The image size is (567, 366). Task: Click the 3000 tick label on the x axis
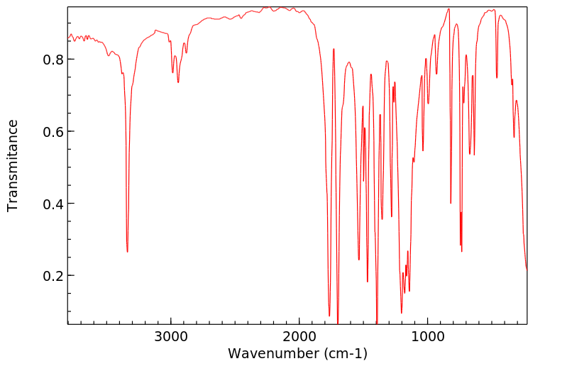pyautogui.click(x=171, y=338)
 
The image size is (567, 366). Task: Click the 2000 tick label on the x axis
pyautogui.click(x=299, y=338)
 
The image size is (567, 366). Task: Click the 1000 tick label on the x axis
pyautogui.click(x=428, y=338)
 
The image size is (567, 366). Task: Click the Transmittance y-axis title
pyautogui.click(x=13, y=165)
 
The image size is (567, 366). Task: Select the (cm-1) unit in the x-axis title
pyautogui.click(x=343, y=353)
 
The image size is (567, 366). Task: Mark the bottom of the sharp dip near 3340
pyautogui.click(x=127, y=251)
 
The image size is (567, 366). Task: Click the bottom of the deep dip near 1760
pyautogui.click(x=329, y=316)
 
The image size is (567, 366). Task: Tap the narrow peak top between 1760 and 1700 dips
pyautogui.click(x=334, y=49)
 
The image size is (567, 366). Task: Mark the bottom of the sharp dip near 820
pyautogui.click(x=451, y=203)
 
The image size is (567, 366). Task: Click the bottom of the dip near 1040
pyautogui.click(x=423, y=150)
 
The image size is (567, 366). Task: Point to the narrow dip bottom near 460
pyautogui.click(x=497, y=78)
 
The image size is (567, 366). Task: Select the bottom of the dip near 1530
pyautogui.click(x=359, y=260)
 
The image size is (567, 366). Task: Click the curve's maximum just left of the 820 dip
pyautogui.click(x=448, y=9)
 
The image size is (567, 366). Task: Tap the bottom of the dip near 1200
pyautogui.click(x=402, y=313)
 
